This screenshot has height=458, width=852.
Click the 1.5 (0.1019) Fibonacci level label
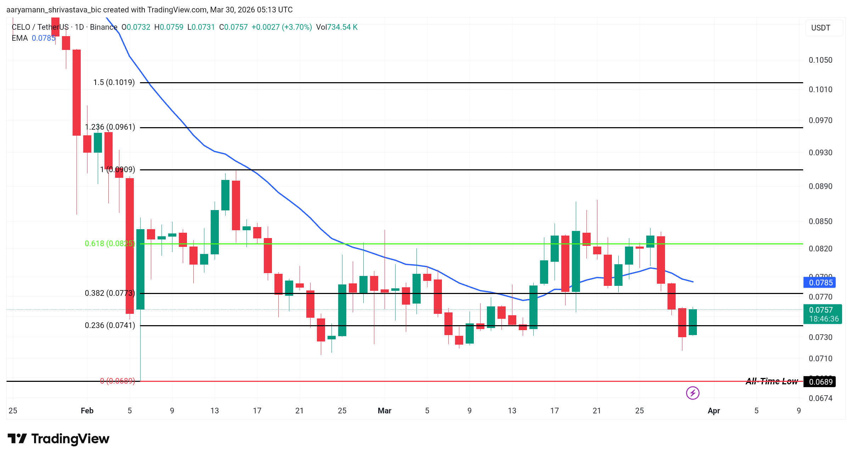(x=114, y=83)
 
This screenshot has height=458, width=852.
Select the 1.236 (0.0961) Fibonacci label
(x=110, y=127)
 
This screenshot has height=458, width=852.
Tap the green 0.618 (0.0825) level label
(x=109, y=244)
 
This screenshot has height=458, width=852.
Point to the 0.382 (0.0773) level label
(x=110, y=293)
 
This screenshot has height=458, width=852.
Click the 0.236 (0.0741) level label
(x=110, y=326)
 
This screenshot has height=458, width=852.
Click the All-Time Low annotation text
(x=771, y=381)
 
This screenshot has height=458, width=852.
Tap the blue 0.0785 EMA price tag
(x=820, y=283)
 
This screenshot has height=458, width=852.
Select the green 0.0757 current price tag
(x=822, y=310)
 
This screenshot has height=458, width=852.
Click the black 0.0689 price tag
(x=820, y=382)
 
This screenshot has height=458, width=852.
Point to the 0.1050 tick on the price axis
(x=820, y=60)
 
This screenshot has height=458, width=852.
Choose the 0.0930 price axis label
(x=820, y=153)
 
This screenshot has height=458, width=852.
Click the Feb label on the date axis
(x=87, y=411)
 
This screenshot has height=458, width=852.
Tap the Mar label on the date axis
(x=384, y=411)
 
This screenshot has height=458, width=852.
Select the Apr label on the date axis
(x=714, y=411)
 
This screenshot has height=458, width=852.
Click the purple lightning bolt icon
(x=692, y=393)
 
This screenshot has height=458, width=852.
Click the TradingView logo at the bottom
(x=58, y=439)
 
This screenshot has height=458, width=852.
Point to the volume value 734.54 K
(x=342, y=27)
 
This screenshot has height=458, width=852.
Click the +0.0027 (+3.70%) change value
(x=282, y=27)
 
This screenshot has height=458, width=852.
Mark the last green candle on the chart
(x=693, y=322)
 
